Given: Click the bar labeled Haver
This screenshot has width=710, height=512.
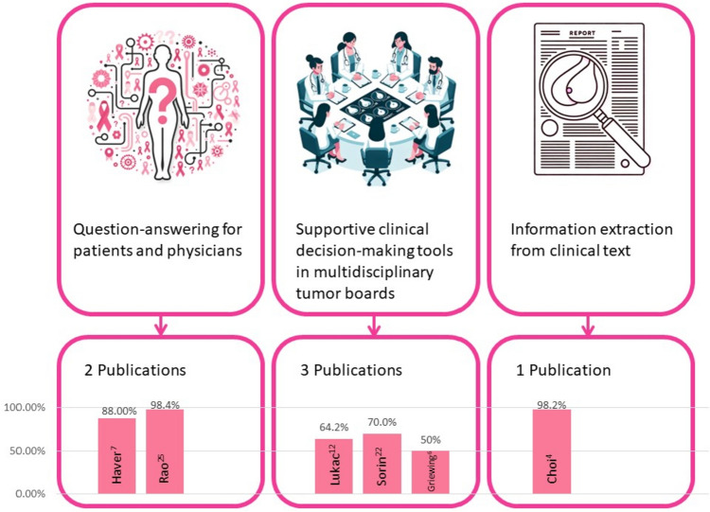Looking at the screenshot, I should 117,455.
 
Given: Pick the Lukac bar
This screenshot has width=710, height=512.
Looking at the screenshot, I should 334,466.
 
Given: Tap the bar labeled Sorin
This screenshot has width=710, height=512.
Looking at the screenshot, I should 382,464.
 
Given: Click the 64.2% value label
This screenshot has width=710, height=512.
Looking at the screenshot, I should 334,431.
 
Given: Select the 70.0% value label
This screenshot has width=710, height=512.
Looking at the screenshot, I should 382,425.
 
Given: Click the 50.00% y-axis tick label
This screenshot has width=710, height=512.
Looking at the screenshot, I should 29,450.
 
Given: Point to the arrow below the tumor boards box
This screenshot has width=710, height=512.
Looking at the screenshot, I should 371,327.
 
